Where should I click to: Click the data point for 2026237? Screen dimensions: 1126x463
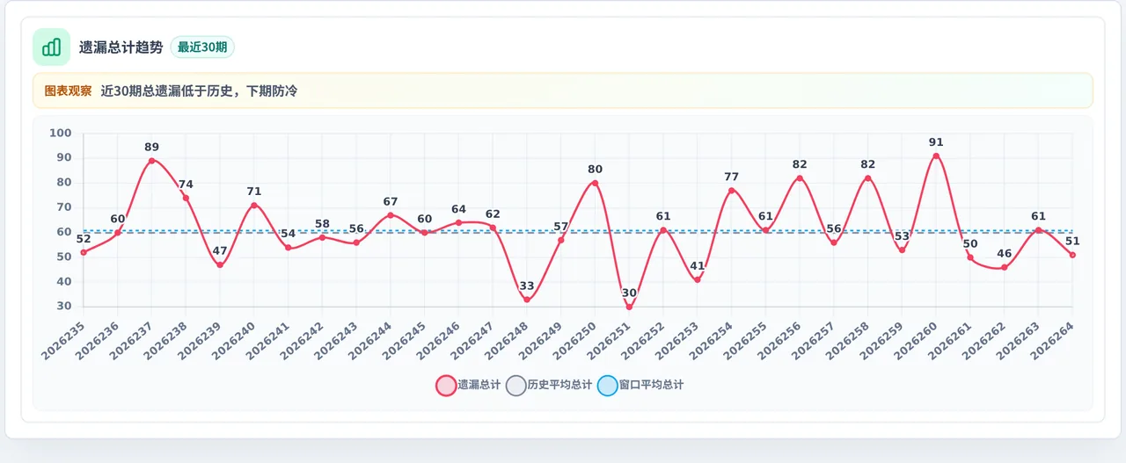tap(152, 161)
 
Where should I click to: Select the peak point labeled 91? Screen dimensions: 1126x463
tap(936, 156)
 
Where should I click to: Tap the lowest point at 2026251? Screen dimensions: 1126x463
tap(629, 307)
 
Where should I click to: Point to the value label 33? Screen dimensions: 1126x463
tap(527, 286)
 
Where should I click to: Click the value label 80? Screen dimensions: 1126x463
tap(596, 170)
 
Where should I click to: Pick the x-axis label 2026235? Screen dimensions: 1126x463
tap(63, 341)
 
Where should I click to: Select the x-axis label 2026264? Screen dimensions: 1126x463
tap(1053, 341)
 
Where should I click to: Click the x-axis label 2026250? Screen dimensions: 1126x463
tap(575, 341)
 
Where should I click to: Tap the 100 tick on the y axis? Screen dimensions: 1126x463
tap(61, 133)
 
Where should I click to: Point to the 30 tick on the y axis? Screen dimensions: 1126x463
tap(64, 306)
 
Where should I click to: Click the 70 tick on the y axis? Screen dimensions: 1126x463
tap(64, 206)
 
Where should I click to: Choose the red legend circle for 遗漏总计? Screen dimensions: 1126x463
tap(446, 386)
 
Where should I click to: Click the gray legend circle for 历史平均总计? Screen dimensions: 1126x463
tap(516, 386)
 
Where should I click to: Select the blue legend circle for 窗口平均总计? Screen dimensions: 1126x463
tap(607, 386)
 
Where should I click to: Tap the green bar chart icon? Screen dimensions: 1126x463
tap(51, 47)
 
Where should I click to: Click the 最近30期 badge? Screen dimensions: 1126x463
tap(202, 47)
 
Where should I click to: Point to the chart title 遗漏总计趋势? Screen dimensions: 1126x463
tap(121, 47)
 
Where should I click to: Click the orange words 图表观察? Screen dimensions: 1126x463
tap(68, 90)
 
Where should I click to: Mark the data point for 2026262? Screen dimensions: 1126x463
tap(1005, 268)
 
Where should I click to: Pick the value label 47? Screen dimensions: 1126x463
tap(220, 250)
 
